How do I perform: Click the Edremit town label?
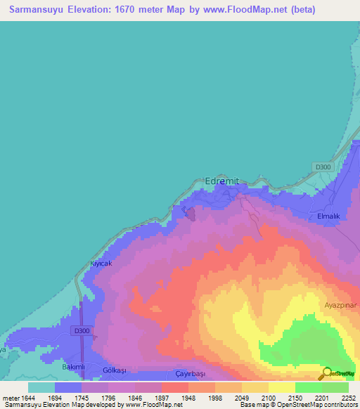(x=221, y=181)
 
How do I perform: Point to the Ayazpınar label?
(x=341, y=306)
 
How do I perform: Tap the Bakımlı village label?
(x=73, y=367)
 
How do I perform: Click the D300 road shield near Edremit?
(x=323, y=167)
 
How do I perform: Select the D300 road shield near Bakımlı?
(x=82, y=330)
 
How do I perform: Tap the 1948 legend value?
(x=188, y=398)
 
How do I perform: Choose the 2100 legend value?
(x=268, y=398)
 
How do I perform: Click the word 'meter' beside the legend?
(x=9, y=398)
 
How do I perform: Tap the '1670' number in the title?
(x=129, y=10)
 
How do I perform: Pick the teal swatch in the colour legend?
(x=41, y=387)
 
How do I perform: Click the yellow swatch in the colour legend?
(x=282, y=387)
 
